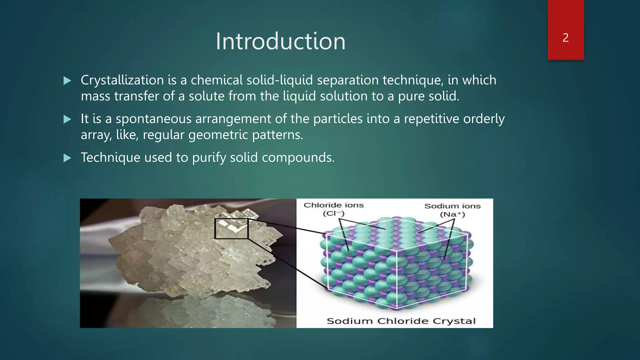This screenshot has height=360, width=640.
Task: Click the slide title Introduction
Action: [x=280, y=41]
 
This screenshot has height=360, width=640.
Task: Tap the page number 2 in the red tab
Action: [x=565, y=38]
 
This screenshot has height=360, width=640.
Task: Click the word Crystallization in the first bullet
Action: [x=122, y=80]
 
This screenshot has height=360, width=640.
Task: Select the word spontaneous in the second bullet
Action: [x=153, y=119]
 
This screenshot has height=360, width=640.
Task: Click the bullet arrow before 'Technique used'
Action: [x=67, y=158]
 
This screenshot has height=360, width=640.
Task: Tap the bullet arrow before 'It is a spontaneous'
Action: [x=67, y=119]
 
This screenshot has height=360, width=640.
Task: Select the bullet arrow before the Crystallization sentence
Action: [x=67, y=81]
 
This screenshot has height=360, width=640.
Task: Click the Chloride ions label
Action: [x=333, y=205]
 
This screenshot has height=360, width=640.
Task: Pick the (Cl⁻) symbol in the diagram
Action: [x=333, y=214]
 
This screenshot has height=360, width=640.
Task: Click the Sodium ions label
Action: [x=452, y=206]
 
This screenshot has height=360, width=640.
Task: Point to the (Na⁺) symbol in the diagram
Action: [x=452, y=215]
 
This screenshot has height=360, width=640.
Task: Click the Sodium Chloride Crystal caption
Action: [x=401, y=321]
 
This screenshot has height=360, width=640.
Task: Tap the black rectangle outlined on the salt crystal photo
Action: [x=231, y=229]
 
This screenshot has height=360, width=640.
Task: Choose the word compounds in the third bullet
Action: [x=298, y=157]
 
